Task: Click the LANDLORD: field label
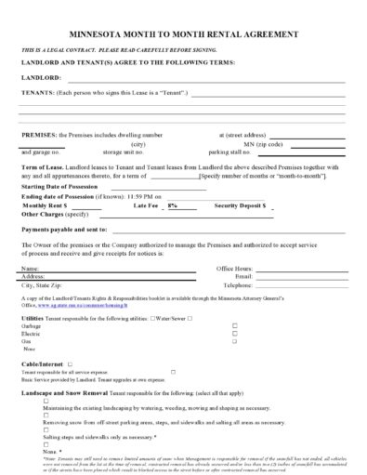pyautogui.click(x=41, y=78)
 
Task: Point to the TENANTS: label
pyautogui.click(x=38, y=93)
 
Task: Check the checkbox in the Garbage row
pyautogui.click(x=234, y=325)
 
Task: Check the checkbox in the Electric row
pyautogui.click(x=234, y=333)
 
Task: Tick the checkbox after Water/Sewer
pyautogui.click(x=190, y=318)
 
